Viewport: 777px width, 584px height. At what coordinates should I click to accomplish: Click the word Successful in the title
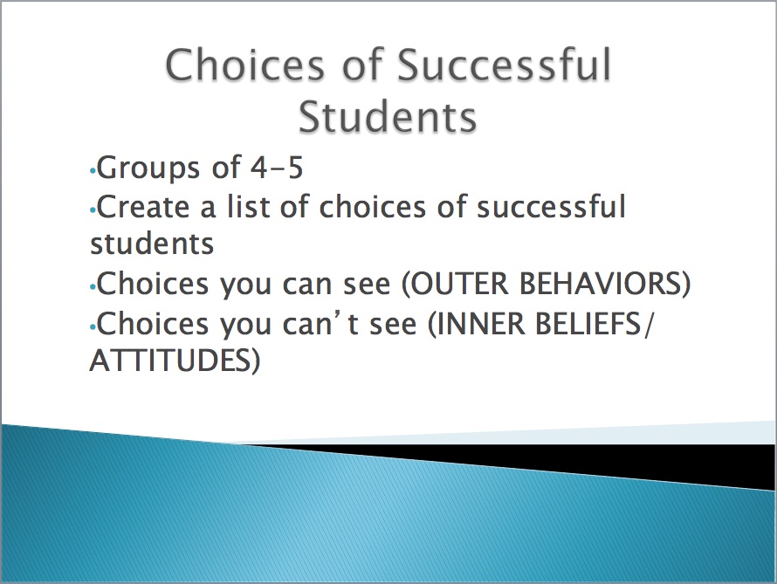(x=505, y=65)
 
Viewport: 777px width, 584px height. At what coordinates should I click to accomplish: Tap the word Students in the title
(x=388, y=116)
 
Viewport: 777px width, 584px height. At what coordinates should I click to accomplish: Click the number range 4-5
(x=277, y=168)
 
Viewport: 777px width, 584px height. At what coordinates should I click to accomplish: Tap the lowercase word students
(x=152, y=244)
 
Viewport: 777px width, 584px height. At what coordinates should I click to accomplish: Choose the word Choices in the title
(x=244, y=65)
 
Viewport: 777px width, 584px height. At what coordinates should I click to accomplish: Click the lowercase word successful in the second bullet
(x=551, y=206)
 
